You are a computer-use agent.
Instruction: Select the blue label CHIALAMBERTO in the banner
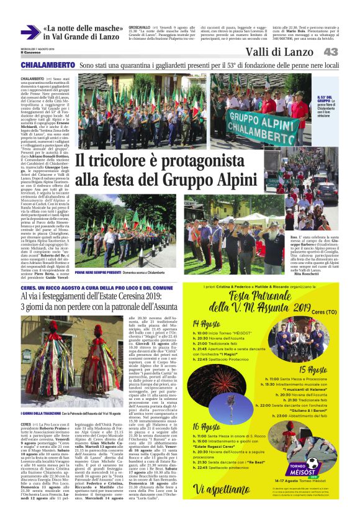(x=47, y=65)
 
